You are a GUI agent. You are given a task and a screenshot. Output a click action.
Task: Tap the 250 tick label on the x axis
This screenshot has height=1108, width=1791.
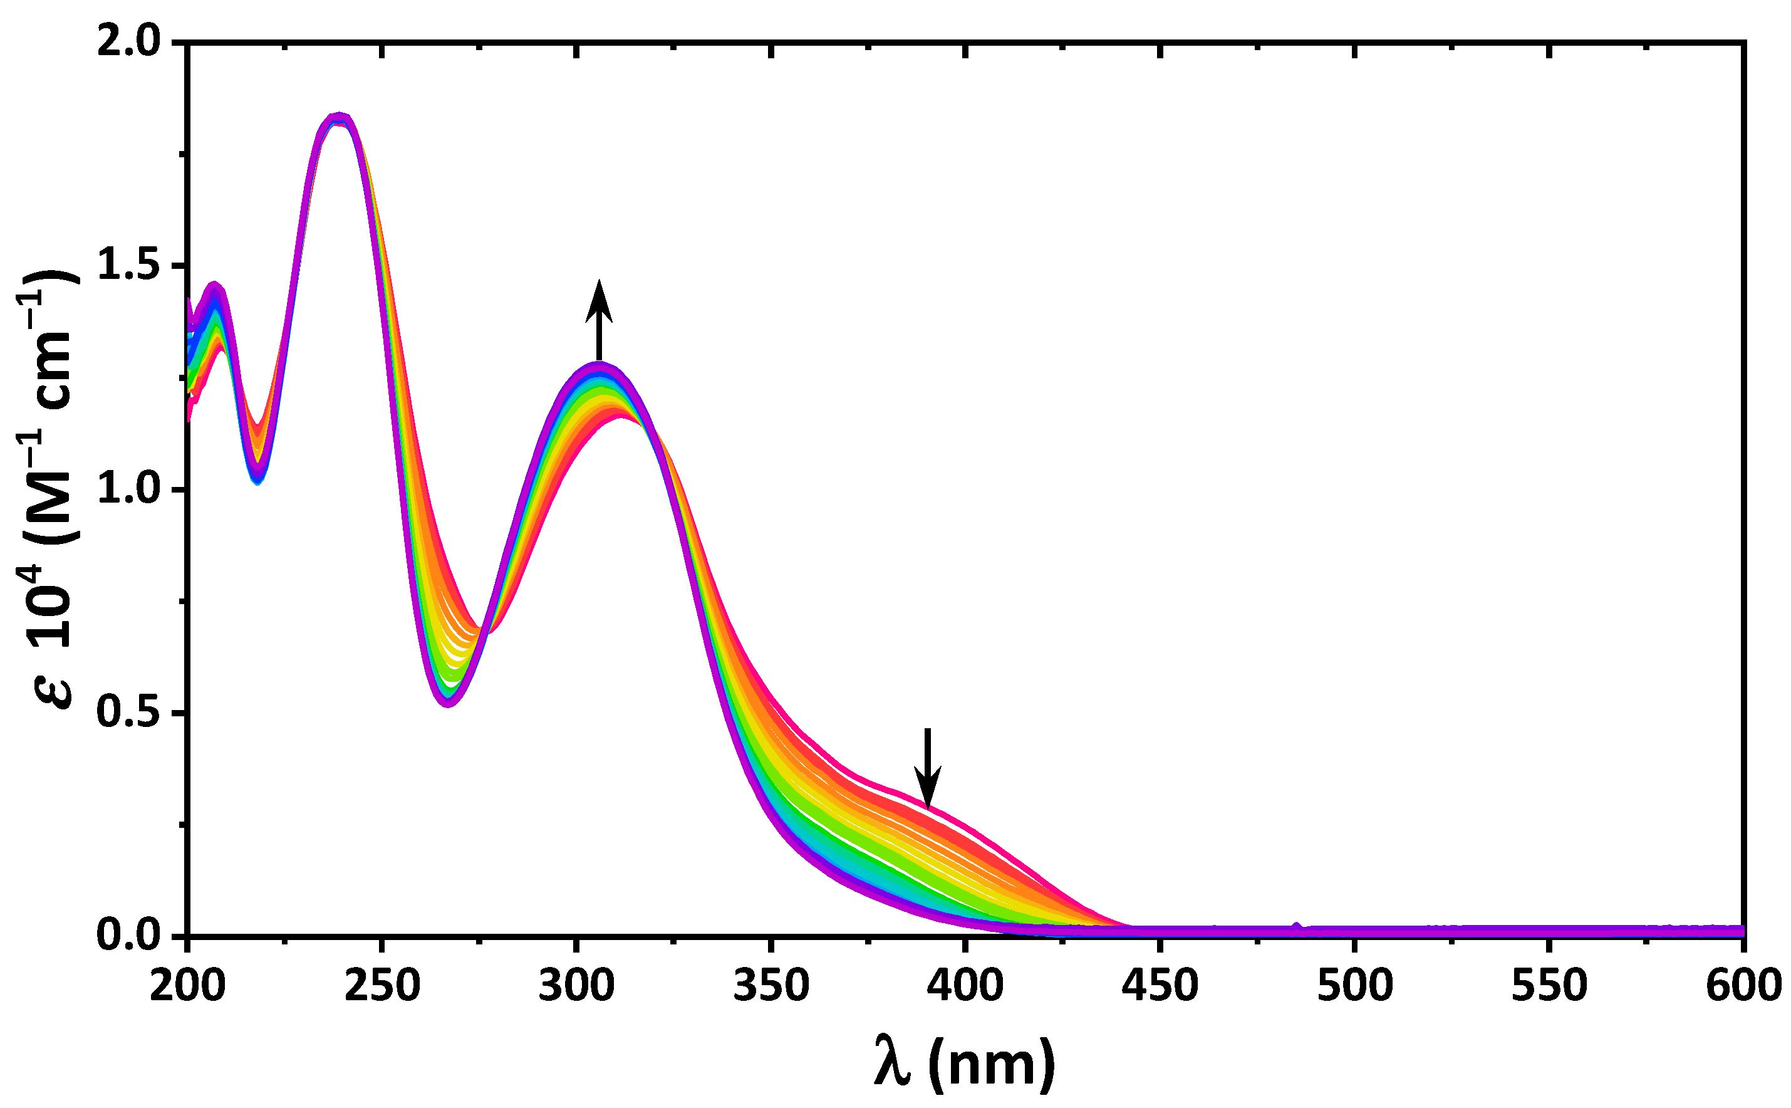pos(382,987)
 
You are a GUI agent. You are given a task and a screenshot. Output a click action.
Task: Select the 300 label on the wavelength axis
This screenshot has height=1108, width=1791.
pos(576,987)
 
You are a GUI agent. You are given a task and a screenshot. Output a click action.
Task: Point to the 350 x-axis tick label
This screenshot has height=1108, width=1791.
pos(771,987)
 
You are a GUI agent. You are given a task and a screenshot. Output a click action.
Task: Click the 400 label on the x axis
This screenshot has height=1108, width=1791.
pos(965,987)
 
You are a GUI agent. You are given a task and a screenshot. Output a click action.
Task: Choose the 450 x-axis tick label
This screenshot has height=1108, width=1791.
pos(1160,987)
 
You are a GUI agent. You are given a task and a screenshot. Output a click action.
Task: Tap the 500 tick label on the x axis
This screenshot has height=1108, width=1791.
pos(1354,987)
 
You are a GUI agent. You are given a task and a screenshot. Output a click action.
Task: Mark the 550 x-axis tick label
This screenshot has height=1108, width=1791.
pos(1549,987)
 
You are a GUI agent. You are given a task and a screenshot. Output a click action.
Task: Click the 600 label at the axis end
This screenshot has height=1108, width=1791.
pos(1743,987)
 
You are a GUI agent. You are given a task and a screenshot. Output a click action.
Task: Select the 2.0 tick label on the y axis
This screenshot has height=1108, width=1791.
pos(128,43)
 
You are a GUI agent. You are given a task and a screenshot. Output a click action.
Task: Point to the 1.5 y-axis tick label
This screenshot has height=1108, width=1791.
pos(128,266)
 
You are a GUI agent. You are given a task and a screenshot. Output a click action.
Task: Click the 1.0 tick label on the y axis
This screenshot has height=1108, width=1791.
pos(128,489)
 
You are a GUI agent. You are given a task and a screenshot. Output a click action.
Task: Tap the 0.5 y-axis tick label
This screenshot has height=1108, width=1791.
pos(128,713)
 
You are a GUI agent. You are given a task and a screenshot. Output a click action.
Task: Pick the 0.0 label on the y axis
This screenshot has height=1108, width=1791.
pos(128,936)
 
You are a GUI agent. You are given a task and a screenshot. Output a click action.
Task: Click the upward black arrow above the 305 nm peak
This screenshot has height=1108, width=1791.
pos(600,319)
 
